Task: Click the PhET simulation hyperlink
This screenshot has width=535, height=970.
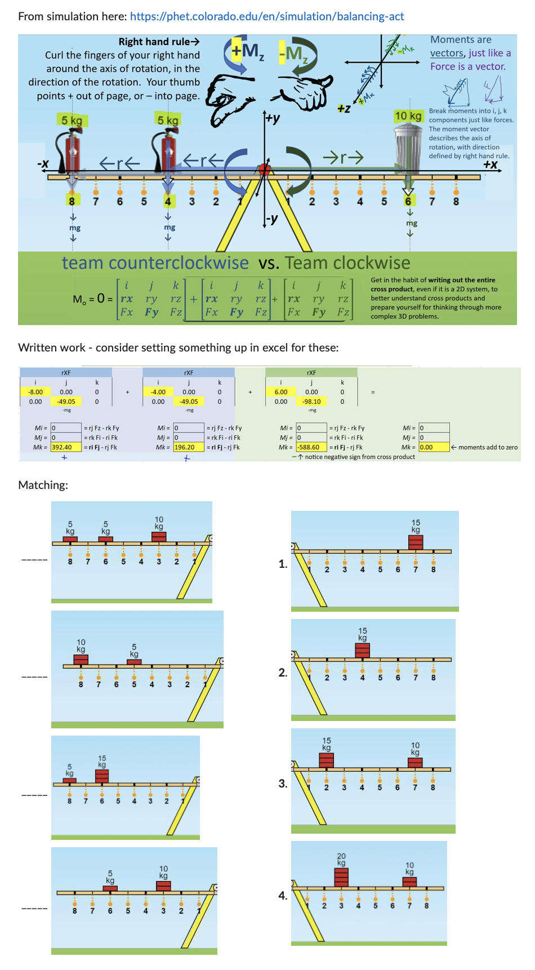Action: point(267,16)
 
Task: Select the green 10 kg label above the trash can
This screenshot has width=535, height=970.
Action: point(408,116)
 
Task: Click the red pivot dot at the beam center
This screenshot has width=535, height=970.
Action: point(264,169)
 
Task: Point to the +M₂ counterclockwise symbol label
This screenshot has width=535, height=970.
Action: point(246,52)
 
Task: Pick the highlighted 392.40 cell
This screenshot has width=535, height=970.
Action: point(65,447)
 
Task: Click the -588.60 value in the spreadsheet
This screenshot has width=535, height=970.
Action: point(311,447)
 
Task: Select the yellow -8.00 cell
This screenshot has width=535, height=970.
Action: point(35,392)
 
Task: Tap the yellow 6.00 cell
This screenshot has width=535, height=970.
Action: point(281,392)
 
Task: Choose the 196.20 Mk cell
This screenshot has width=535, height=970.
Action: point(188,447)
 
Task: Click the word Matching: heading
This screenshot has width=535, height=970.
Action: point(43,485)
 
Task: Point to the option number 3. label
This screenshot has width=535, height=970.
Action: point(283,783)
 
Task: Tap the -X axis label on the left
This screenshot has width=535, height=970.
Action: point(43,164)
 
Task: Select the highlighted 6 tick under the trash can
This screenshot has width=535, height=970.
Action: point(408,201)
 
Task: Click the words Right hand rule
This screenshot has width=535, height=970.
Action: point(158,42)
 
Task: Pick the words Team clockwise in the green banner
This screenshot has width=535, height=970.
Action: point(347,263)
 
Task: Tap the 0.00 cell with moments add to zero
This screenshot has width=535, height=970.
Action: point(434,447)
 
